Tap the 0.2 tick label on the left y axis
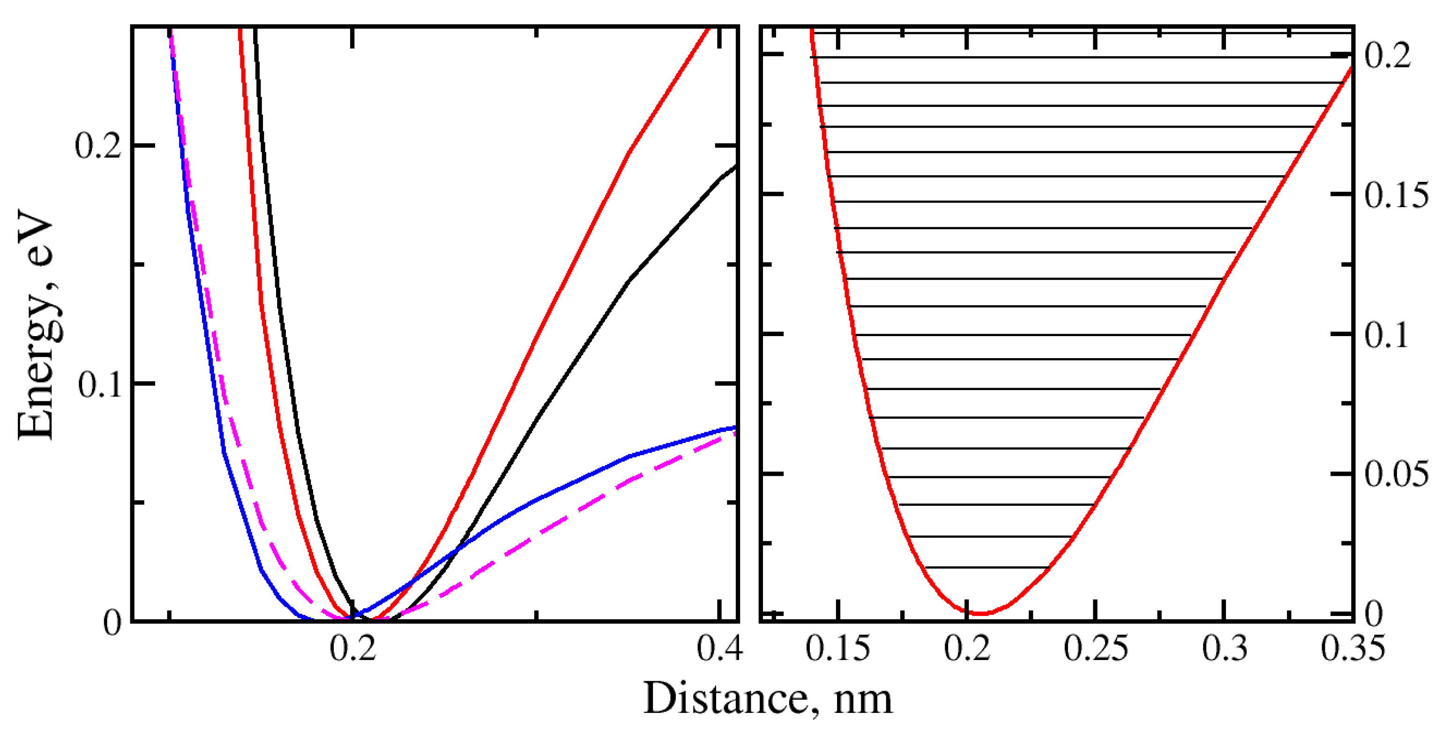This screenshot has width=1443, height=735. pyautogui.click(x=98, y=146)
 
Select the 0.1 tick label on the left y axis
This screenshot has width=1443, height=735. pyautogui.click(x=100, y=385)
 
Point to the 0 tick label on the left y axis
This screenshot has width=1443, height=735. pyautogui.click(x=112, y=623)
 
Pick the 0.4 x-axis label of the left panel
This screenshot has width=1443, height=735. pyautogui.click(x=719, y=649)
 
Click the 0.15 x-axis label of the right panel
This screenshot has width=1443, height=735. pyautogui.click(x=837, y=649)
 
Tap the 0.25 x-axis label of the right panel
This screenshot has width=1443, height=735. pyautogui.click(x=1095, y=649)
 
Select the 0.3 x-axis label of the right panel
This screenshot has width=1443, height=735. pyautogui.click(x=1225, y=649)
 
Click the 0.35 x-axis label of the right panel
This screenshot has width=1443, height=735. pyautogui.click(x=1352, y=649)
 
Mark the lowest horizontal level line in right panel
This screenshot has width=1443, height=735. pyautogui.click(x=986, y=568)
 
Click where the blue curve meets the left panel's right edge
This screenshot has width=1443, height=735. pyautogui.click(x=735, y=427)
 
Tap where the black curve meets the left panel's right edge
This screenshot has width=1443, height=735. pyautogui.click(x=735, y=166)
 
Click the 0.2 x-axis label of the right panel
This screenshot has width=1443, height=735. pyautogui.click(x=967, y=649)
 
